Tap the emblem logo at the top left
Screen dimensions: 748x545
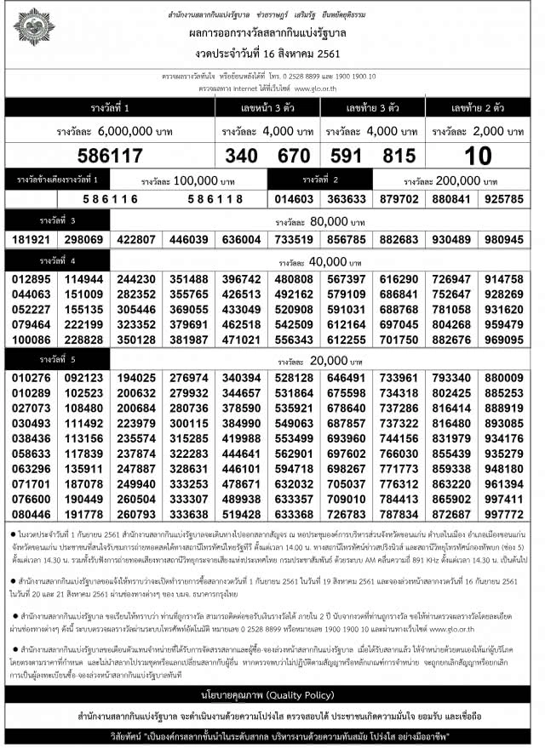coord(33,26)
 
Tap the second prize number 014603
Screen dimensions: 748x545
coord(293,198)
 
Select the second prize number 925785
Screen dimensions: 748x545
coord(504,198)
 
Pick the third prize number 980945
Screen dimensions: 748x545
coord(504,240)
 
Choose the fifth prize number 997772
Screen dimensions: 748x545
coord(504,515)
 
